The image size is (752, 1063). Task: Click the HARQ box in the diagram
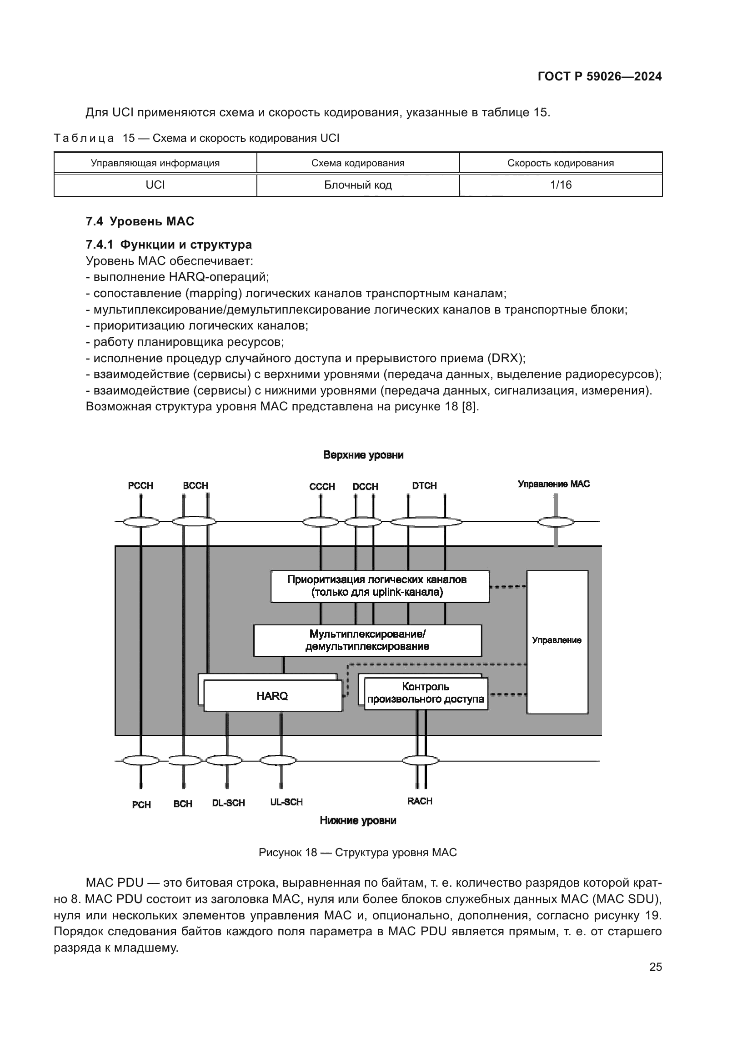click(272, 696)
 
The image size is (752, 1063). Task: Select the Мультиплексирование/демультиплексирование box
click(367, 640)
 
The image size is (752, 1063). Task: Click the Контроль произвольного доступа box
click(425, 693)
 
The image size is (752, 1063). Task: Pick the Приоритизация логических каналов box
click(380, 586)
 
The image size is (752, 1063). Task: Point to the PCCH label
click(140, 486)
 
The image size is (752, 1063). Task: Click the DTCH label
click(424, 486)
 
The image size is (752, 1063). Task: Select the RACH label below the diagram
click(420, 801)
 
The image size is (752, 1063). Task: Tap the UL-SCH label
click(286, 802)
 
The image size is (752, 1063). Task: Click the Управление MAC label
click(553, 484)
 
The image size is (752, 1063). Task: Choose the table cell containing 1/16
click(560, 185)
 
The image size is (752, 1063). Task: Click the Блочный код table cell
click(357, 185)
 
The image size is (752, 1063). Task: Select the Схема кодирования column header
click(357, 163)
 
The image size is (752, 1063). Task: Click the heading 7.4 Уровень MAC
click(140, 221)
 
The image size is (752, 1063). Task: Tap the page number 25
click(655, 967)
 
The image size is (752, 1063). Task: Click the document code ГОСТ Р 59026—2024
click(599, 77)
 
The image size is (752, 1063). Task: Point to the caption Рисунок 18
click(357, 852)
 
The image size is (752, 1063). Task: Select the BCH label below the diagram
click(182, 804)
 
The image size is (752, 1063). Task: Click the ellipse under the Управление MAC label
click(555, 522)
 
